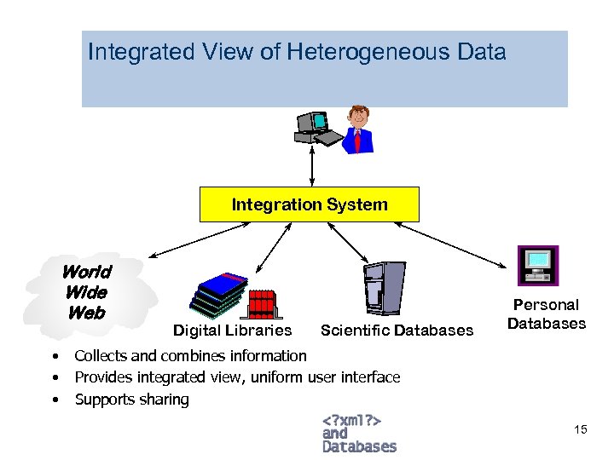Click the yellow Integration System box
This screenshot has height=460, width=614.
[x=310, y=204]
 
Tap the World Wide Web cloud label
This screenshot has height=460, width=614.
[x=86, y=292]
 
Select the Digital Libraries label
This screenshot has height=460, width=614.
[x=232, y=331]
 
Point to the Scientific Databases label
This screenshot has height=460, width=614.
[x=397, y=331]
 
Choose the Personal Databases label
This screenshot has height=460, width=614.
[x=546, y=314]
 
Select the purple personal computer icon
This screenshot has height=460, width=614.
[x=538, y=264]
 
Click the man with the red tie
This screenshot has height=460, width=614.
[x=360, y=129]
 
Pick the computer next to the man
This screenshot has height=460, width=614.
[x=313, y=128]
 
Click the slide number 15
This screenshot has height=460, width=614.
[x=581, y=429]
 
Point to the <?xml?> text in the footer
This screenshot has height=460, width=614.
[x=350, y=420]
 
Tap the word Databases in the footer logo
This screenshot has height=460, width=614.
[x=359, y=446]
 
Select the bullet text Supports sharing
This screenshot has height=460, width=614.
[x=132, y=400]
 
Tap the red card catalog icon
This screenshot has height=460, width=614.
[x=262, y=303]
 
